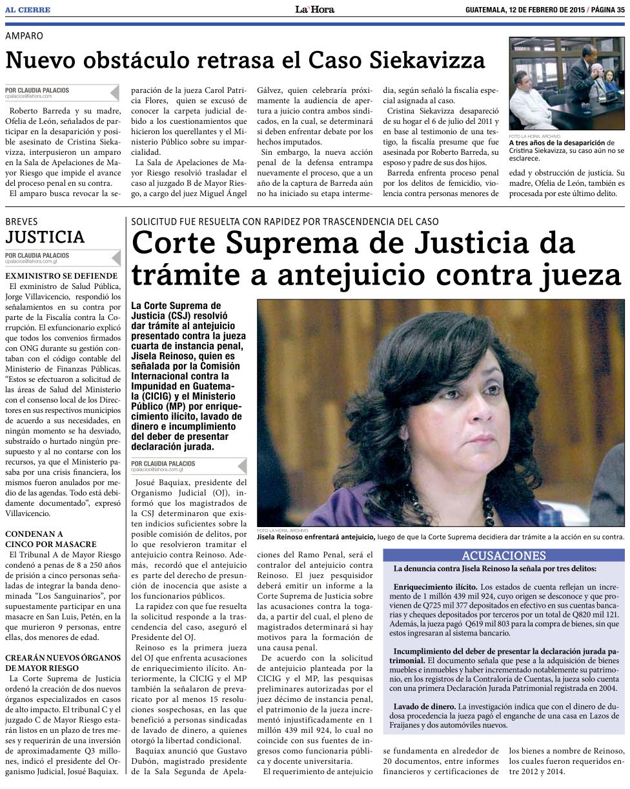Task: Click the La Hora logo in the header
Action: click(x=315, y=9)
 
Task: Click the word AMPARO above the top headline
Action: click(x=24, y=36)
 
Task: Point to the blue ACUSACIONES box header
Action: click(x=503, y=555)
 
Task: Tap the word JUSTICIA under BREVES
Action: click(x=45, y=237)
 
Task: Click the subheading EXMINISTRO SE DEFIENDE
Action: click(x=61, y=275)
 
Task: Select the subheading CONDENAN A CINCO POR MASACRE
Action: click(x=50, y=539)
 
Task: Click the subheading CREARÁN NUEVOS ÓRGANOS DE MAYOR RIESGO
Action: click(x=63, y=663)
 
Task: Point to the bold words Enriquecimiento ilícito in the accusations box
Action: click(x=436, y=586)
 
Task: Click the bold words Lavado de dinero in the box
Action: click(x=424, y=706)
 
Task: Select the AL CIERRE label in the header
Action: click(x=27, y=10)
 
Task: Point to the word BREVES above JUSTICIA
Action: click(x=21, y=221)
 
